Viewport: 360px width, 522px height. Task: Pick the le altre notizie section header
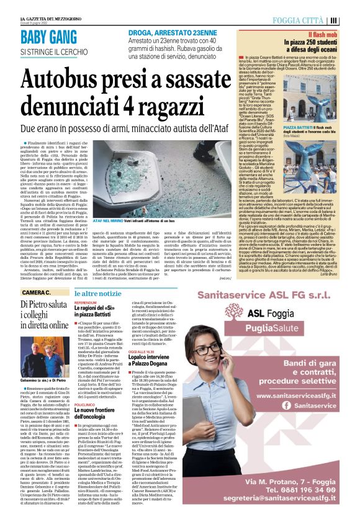pos(97,292)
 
